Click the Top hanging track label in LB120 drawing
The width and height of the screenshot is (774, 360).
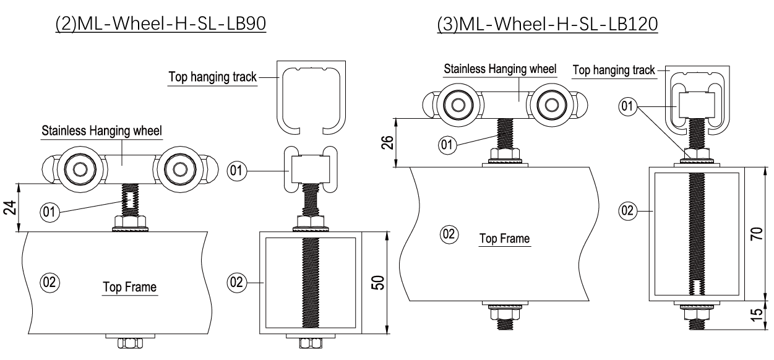point(614,70)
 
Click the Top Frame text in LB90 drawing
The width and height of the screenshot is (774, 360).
point(129,287)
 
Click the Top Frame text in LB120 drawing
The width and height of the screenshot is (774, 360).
point(504,239)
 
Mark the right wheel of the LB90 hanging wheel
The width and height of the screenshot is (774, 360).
point(180,169)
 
